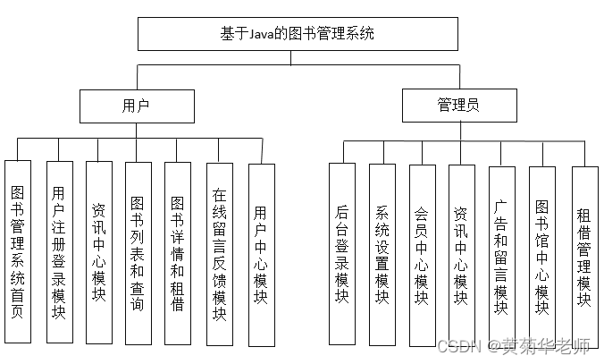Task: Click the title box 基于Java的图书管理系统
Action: click(298, 34)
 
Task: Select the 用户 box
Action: click(136, 106)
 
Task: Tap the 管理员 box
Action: click(458, 106)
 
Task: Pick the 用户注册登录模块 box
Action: click(59, 252)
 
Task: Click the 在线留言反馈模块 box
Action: click(219, 254)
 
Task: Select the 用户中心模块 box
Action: click(261, 254)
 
